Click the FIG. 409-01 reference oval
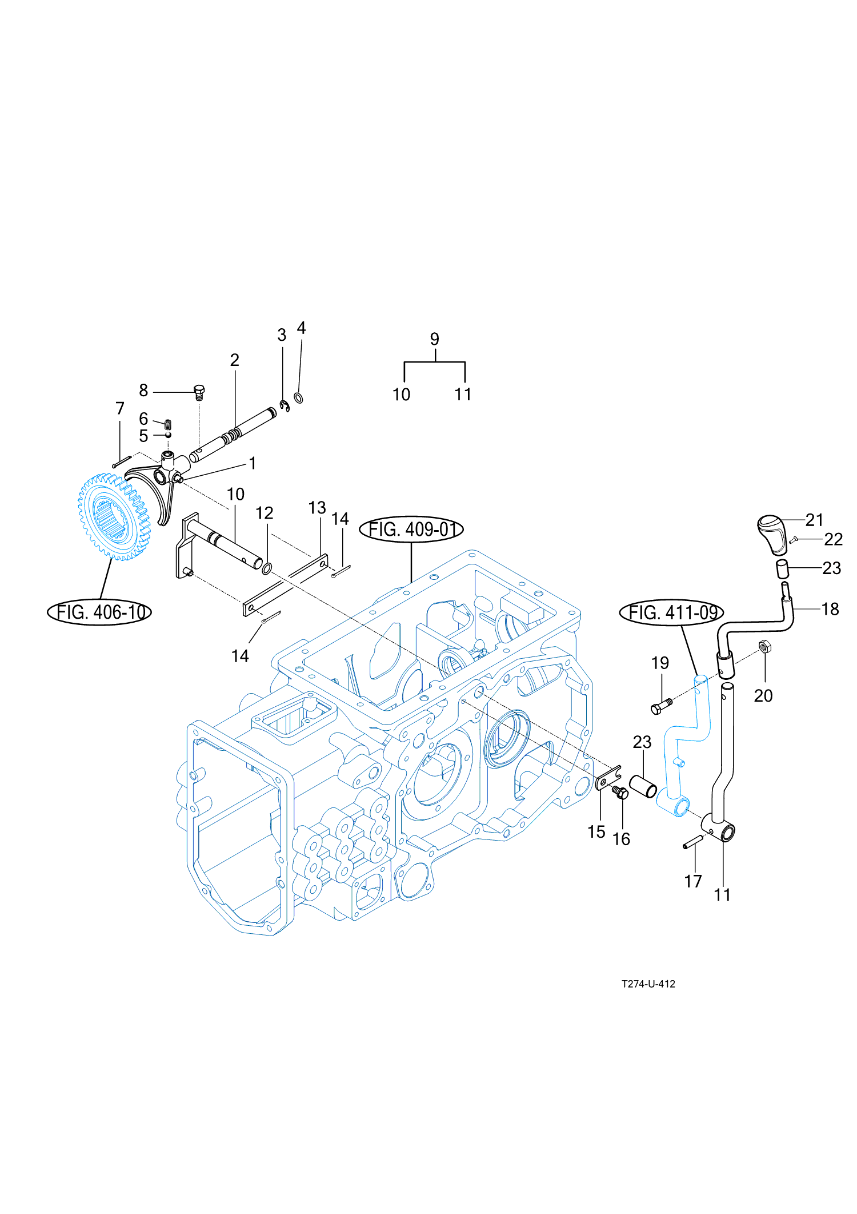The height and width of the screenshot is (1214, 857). [411, 530]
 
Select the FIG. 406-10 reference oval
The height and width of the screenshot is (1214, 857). [99, 612]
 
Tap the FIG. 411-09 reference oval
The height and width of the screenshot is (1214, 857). [672, 613]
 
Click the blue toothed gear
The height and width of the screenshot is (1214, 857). [114, 516]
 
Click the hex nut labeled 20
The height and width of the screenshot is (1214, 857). [764, 647]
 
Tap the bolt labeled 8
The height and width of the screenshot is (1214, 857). [199, 393]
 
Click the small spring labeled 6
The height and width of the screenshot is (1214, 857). [168, 424]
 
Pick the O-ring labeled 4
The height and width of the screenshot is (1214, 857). [298, 397]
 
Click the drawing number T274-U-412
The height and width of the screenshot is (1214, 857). [648, 984]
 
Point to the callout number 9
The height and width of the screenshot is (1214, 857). [435, 339]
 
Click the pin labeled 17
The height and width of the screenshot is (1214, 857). [695, 842]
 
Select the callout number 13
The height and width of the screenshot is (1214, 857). [317, 508]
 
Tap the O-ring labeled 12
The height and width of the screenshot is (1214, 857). [266, 568]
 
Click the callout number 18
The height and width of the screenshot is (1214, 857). [830, 609]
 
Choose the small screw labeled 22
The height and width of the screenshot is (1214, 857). [793, 539]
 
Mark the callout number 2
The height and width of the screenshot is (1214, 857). [235, 360]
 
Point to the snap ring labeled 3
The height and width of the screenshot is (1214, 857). [285, 406]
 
